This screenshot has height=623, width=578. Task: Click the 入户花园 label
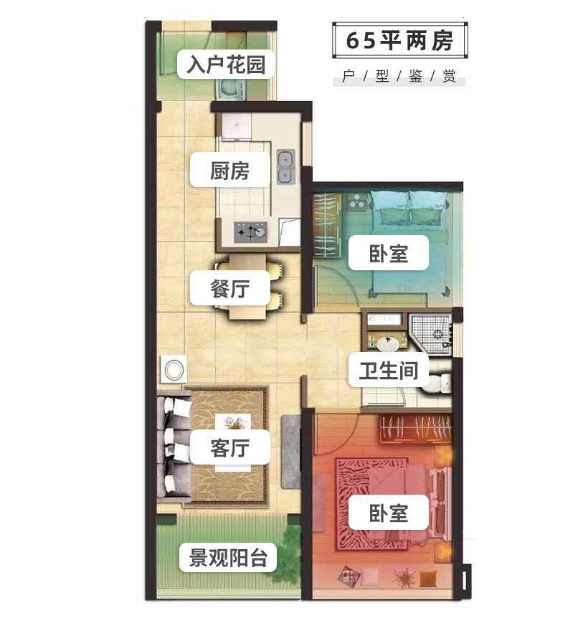[226, 65]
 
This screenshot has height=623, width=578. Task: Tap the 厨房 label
[229, 171]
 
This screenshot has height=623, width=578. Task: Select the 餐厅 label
[229, 290]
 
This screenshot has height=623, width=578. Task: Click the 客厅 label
[229, 448]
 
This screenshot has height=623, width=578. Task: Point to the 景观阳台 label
[228, 557]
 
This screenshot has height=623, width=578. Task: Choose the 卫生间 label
[388, 371]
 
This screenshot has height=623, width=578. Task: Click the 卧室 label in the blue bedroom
[389, 252]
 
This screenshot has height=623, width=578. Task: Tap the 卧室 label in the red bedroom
[389, 513]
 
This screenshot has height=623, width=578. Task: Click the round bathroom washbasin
[388, 340]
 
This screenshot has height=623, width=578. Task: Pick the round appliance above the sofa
[174, 369]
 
